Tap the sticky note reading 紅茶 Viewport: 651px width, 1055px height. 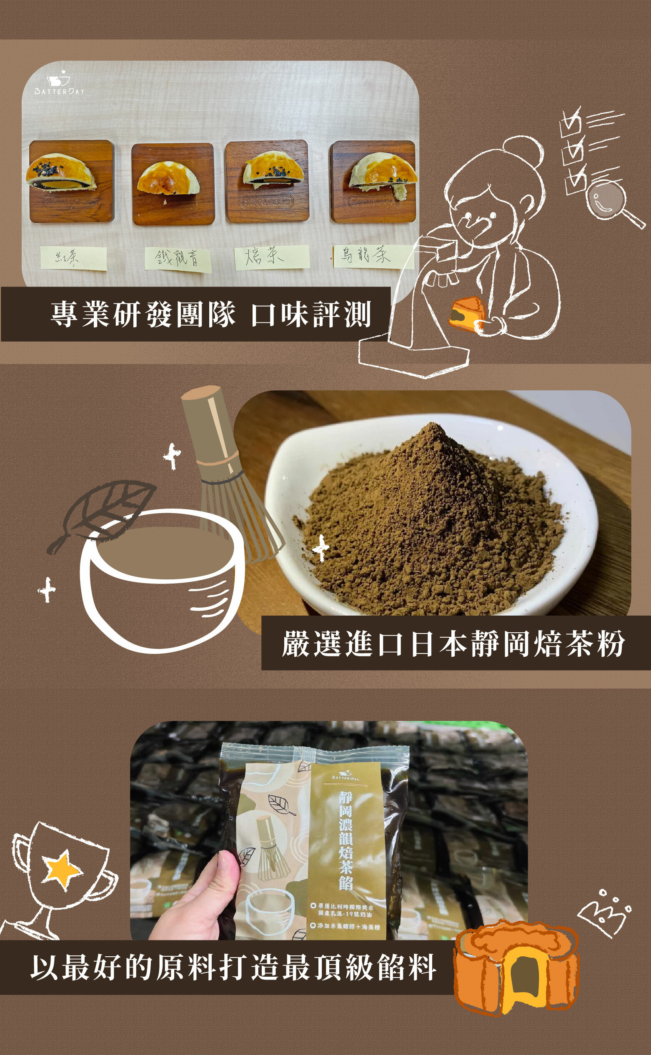click(x=74, y=258)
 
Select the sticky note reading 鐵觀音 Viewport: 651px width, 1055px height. click(x=178, y=259)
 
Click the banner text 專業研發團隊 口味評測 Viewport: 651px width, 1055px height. click(x=211, y=314)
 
